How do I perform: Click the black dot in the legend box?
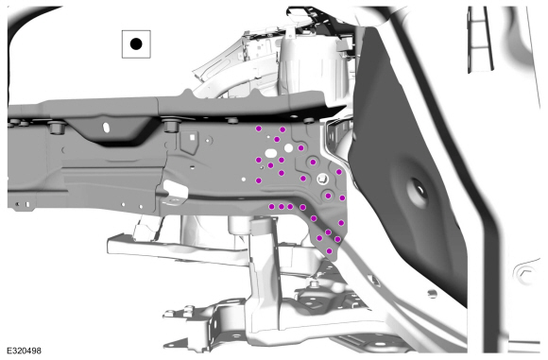(x=136, y=44)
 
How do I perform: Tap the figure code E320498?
(x=25, y=351)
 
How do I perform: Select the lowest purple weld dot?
(x=329, y=250)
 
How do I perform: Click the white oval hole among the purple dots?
(x=271, y=153)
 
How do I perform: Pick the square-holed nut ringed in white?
(x=322, y=180)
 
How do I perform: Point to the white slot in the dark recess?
(x=106, y=127)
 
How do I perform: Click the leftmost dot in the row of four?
(x=271, y=207)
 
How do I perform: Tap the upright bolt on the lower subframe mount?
(x=313, y=283)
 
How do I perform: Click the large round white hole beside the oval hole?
(x=288, y=148)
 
